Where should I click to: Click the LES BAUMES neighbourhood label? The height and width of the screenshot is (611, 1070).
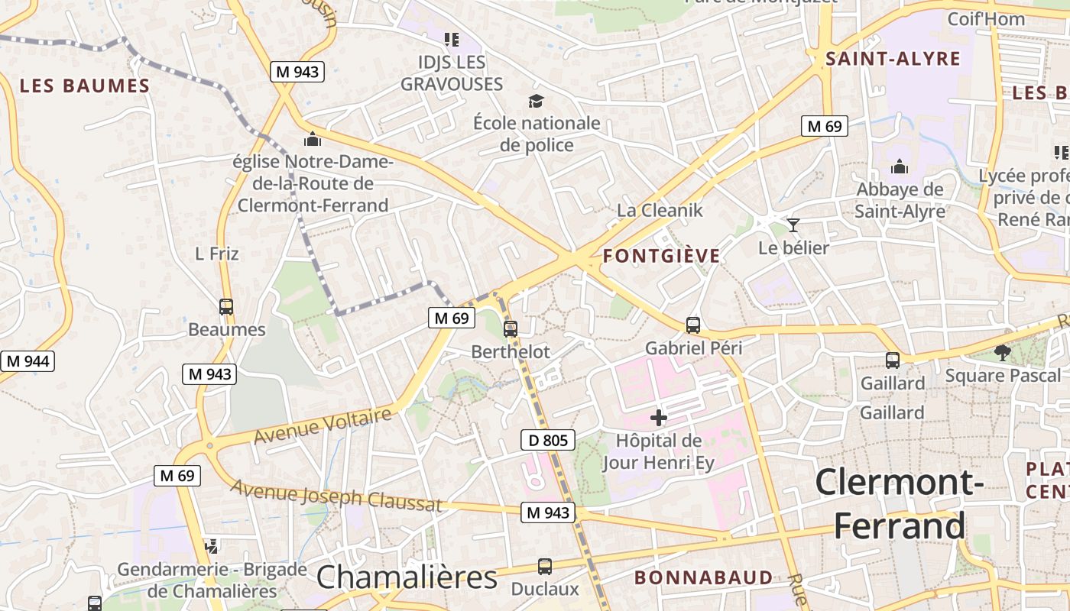tap(85, 86)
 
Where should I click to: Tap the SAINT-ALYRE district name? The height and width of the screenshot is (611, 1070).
tap(893, 59)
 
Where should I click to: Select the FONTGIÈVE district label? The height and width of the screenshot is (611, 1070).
tap(661, 256)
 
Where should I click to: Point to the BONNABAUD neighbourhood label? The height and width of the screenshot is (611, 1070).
tap(703, 577)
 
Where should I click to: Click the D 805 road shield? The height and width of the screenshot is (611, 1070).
tap(547, 440)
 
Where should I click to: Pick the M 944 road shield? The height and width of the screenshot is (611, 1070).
tap(28, 361)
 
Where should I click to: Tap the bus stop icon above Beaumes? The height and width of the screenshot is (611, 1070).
tap(226, 307)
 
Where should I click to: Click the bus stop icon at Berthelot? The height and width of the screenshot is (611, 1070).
tap(511, 329)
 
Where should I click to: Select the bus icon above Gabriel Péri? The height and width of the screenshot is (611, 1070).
tap(693, 325)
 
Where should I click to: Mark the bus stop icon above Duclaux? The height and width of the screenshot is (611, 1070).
tap(545, 567)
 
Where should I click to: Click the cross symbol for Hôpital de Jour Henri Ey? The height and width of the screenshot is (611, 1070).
tap(658, 418)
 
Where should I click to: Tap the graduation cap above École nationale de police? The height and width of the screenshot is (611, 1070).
tap(537, 101)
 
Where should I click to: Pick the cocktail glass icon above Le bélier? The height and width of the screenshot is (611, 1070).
tap(793, 225)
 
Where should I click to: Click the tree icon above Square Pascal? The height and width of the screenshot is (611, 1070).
tap(1002, 352)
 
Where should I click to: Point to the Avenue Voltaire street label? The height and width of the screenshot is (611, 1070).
tap(323, 426)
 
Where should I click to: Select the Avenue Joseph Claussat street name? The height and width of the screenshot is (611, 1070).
tap(336, 495)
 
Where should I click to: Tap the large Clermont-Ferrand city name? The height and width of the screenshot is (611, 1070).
tap(899, 504)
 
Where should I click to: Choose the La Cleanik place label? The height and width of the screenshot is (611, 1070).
tap(659, 210)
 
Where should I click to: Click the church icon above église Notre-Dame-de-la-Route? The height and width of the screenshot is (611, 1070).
tap(312, 140)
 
